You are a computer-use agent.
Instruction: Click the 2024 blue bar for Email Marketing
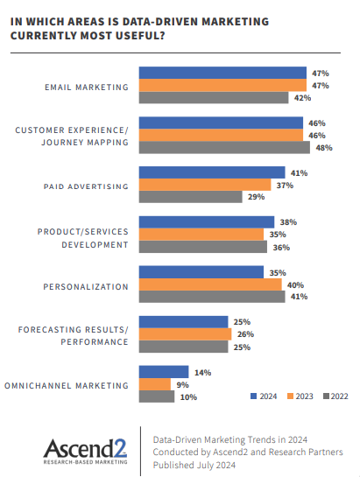[222, 73]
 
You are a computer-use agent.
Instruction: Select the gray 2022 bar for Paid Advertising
[191, 198]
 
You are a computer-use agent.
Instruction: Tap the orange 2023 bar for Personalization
[210, 284]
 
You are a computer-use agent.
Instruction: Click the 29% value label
[256, 198]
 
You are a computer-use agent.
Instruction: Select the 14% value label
[202, 372]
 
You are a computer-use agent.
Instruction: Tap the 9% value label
[182, 384]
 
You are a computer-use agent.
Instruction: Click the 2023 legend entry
[299, 396]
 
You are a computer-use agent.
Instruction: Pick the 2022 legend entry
[336, 396]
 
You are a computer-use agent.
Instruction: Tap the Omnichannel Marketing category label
[67, 385]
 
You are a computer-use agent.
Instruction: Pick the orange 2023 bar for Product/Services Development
[201, 235]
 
